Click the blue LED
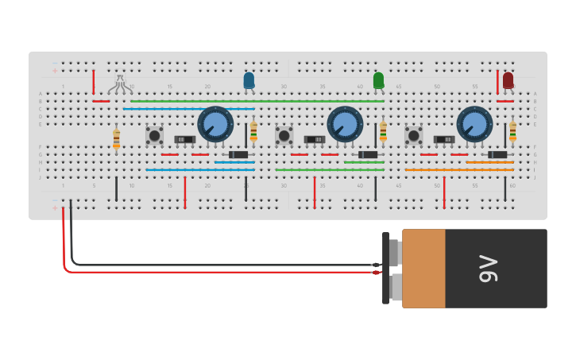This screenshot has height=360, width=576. [249, 80]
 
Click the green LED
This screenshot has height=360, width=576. [378, 80]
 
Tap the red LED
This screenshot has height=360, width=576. [508, 80]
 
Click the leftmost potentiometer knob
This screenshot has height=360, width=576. [215, 124]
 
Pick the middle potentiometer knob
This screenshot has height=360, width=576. [345, 124]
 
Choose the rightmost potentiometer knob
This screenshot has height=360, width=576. [474, 124]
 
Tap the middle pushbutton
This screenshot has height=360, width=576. [284, 136]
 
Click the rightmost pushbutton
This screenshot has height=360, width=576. [413, 136]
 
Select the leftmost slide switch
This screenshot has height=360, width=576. [185, 140]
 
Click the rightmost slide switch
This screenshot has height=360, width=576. [444, 140]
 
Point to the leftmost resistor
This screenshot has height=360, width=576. [116, 138]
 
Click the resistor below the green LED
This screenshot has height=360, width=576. [383, 131]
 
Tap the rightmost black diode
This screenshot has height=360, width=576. [497, 154]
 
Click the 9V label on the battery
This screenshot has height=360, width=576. [489, 269]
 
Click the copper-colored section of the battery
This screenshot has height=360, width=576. [423, 269]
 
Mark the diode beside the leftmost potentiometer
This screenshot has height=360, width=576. [238, 154]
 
